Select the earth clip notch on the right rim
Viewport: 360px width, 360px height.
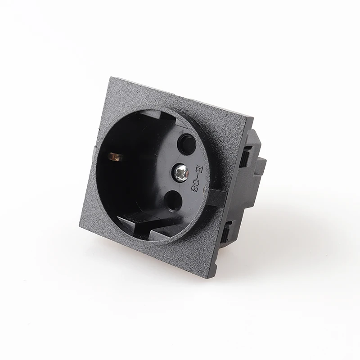tap(215, 197)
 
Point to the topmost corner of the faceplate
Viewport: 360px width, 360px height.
tap(109, 78)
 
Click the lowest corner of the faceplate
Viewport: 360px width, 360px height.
tap(207, 279)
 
